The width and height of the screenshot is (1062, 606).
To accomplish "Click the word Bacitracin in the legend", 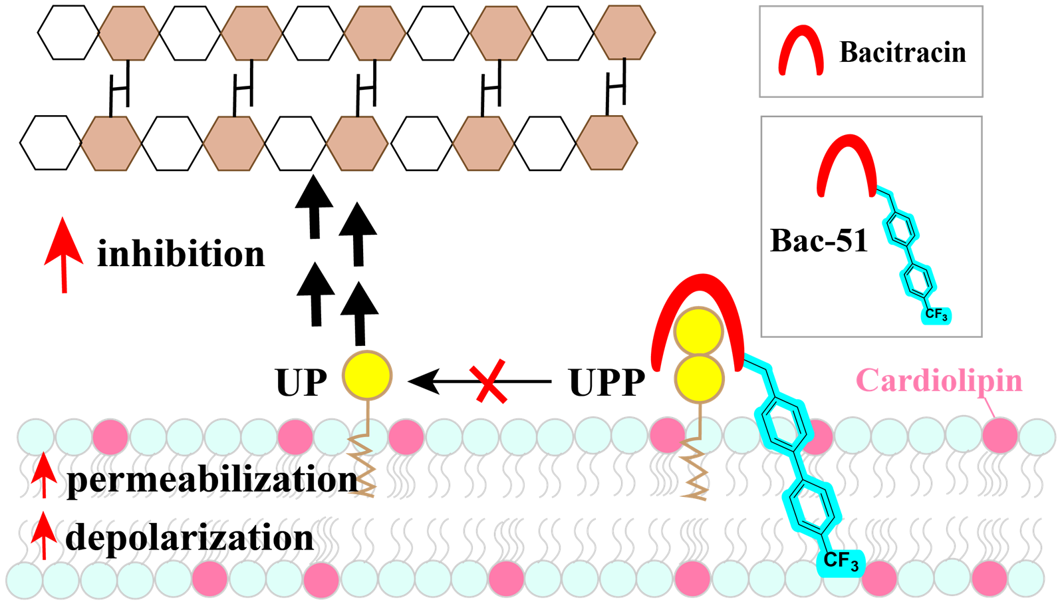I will tap(902, 53).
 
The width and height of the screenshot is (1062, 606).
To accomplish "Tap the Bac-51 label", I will tap(819, 241).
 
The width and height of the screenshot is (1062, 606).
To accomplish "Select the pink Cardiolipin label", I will tap(939, 380).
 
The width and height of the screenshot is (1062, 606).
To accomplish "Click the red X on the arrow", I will tap(491, 382).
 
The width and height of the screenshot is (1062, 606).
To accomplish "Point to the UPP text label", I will tap(606, 382).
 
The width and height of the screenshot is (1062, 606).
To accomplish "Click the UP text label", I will tap(301, 382).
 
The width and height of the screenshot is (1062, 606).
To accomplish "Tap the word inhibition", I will tap(181, 254).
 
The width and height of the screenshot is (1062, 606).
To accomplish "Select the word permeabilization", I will tap(212, 480).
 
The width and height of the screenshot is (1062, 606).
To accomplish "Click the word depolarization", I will tap(190, 537).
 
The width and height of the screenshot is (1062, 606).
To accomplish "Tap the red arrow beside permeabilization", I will tap(44, 474).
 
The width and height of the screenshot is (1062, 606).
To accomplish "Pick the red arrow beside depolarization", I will tap(44, 534).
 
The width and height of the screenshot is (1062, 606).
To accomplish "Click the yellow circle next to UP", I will tap(367, 376).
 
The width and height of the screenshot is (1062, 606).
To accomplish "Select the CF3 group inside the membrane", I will tap(841, 562).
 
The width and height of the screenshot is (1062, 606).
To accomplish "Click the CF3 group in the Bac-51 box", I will tap(936, 315).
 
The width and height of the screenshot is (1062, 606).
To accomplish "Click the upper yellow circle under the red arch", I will tap(698, 331).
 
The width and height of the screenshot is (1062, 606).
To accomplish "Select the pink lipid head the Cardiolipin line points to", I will tap(1000, 435).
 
